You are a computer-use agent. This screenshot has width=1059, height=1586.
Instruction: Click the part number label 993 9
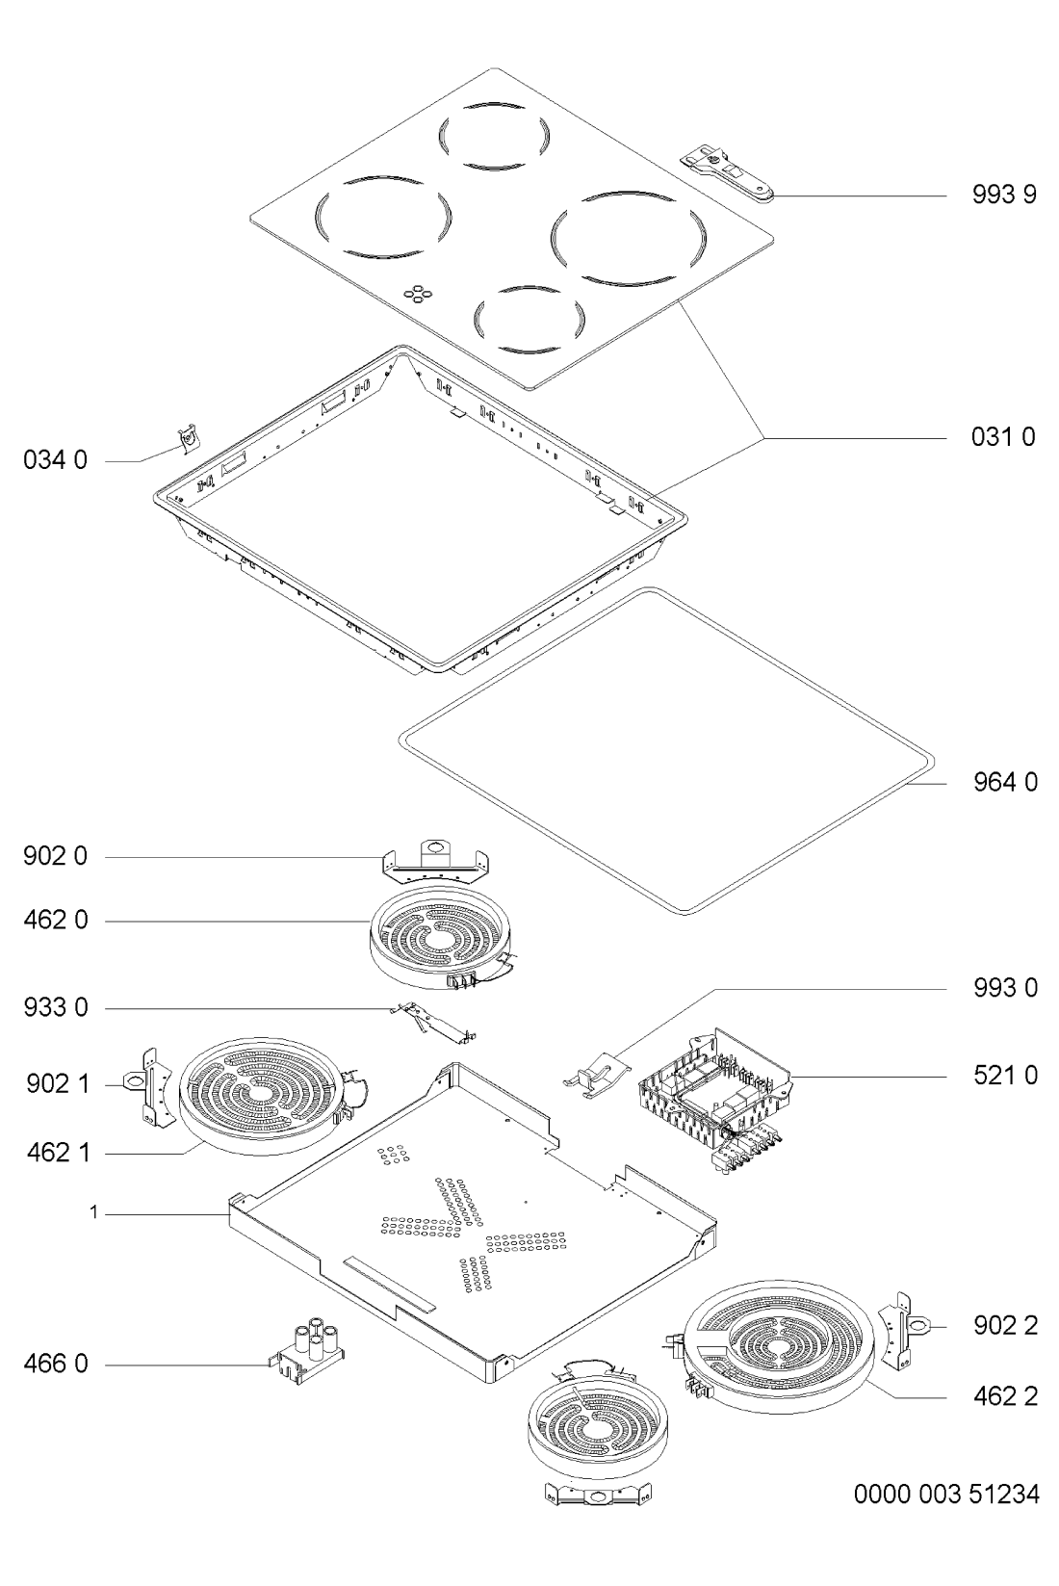[x=1004, y=194]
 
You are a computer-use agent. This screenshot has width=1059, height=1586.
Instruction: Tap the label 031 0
[x=1003, y=437]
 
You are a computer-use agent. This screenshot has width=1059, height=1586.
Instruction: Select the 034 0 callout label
[x=55, y=460]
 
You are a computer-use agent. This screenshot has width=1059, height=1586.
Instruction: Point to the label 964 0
[x=1004, y=782]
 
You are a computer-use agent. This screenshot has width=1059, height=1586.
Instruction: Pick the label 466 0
[x=55, y=1363]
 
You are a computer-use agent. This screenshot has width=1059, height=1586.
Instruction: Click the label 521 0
[x=1004, y=1076]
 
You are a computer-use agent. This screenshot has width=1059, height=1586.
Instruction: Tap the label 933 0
[x=55, y=1007]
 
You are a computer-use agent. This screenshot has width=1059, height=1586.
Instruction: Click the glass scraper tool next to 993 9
[x=729, y=177]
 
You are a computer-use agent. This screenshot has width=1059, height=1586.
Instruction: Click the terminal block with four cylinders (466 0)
[x=306, y=1349]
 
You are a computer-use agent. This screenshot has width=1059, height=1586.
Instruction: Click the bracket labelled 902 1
[x=148, y=1087]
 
